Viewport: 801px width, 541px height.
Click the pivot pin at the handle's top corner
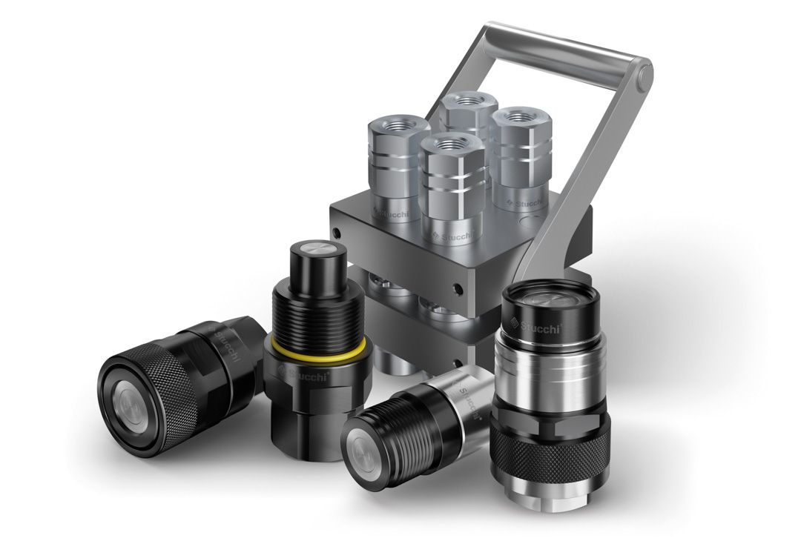[644, 73]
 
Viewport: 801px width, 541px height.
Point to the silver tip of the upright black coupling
[314, 250]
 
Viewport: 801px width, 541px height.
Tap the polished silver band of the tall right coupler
[552, 378]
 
